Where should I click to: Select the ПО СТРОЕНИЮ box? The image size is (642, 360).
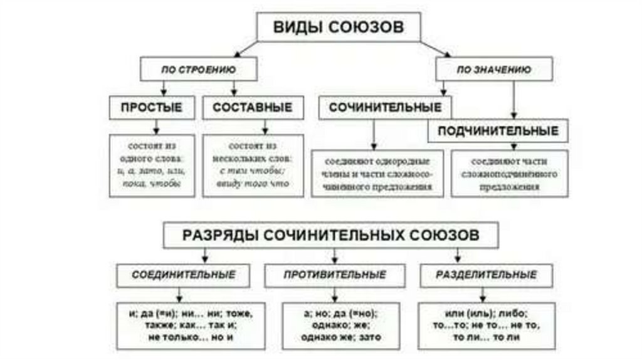[199, 69]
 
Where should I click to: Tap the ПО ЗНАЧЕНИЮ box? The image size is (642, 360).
[495, 69]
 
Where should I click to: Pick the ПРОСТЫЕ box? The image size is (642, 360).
[152, 108]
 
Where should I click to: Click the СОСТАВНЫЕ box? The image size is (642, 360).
[252, 108]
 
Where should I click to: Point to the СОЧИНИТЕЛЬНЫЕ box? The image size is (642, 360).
[385, 108]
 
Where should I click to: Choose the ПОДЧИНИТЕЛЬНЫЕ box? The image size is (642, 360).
[498, 132]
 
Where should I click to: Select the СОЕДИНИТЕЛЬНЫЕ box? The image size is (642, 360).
[184, 275]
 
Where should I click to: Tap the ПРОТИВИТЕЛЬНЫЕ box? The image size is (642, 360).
[334, 275]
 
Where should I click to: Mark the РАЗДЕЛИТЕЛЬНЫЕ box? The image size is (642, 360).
[487, 275]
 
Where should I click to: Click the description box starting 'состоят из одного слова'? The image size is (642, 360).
[152, 166]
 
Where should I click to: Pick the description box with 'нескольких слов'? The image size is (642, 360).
[252, 166]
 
